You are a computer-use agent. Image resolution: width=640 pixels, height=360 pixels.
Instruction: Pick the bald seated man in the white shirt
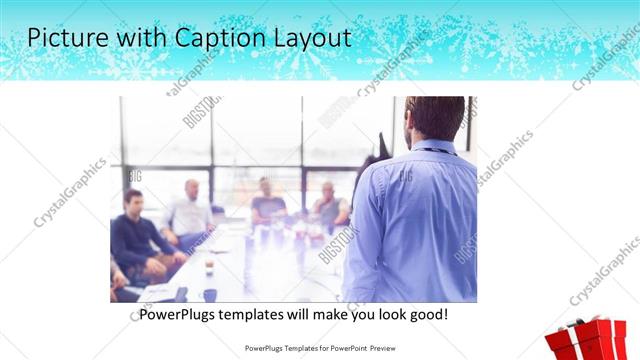click(x=189, y=210)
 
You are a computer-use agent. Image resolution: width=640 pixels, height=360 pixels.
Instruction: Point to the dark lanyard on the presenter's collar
click(x=432, y=151)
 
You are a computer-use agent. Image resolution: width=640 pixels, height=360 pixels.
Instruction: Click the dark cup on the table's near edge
click(x=210, y=295)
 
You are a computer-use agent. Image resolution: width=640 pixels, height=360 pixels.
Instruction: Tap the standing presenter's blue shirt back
click(x=420, y=220)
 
